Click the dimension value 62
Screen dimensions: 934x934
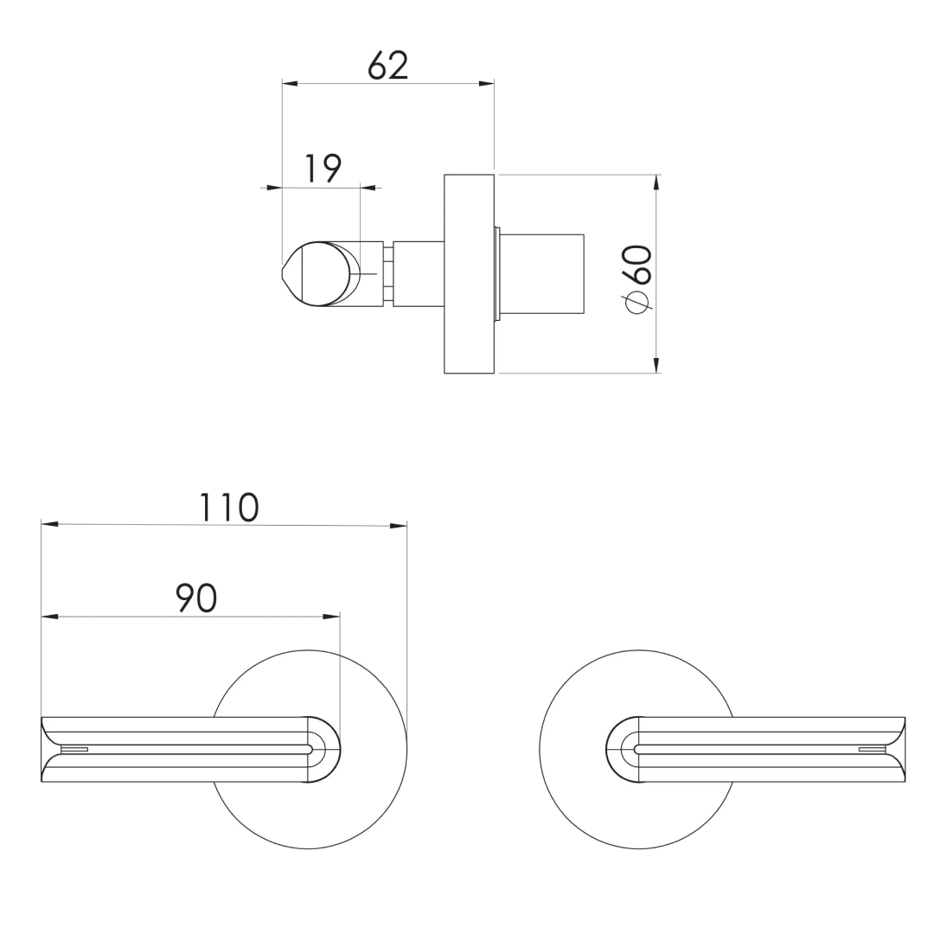(387, 65)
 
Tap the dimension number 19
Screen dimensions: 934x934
(323, 169)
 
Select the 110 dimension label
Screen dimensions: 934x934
(228, 508)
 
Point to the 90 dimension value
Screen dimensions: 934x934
(196, 598)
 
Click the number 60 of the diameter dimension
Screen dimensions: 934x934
(638, 264)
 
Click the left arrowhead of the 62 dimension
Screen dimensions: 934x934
(291, 84)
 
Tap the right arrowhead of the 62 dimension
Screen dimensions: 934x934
(487, 84)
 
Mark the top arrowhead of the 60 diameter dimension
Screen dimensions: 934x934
(656, 182)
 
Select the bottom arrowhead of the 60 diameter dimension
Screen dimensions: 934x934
(656, 366)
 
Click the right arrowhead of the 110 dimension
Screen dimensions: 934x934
(399, 525)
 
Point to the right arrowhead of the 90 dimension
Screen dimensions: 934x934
(332, 617)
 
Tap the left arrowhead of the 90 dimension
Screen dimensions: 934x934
(49, 617)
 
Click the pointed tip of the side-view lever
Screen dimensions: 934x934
(285, 274)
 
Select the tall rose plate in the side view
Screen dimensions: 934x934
(469, 274)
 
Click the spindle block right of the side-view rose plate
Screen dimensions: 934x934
(541, 274)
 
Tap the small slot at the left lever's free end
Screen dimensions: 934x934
(74, 749)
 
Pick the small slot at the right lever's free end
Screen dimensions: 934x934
(872, 749)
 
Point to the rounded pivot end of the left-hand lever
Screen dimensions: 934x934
(323, 750)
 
